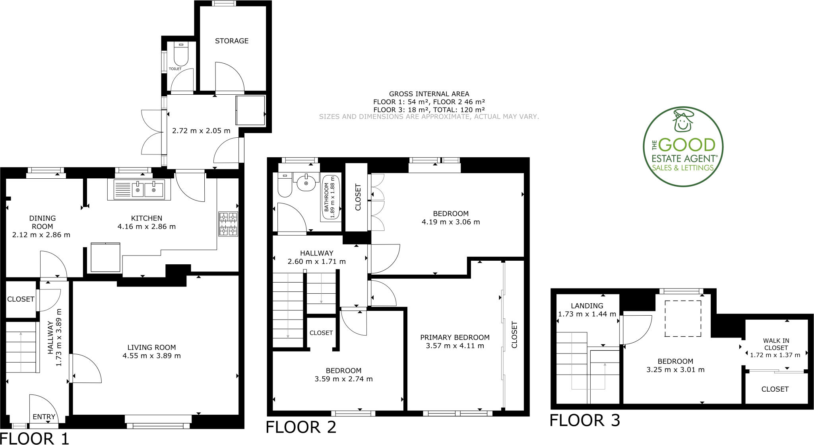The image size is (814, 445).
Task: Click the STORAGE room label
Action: (x=232, y=41)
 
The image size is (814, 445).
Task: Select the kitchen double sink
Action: (x=139, y=189)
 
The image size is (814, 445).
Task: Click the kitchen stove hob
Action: (x=228, y=224)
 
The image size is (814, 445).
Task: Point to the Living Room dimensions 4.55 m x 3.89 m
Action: (x=152, y=356)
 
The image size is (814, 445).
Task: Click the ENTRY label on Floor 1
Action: (x=44, y=417)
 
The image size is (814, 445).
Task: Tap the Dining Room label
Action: (x=42, y=222)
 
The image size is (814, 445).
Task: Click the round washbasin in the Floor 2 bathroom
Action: (x=306, y=183)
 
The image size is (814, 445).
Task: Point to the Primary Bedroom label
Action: (x=455, y=338)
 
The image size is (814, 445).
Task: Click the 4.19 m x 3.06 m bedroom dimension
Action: (x=451, y=222)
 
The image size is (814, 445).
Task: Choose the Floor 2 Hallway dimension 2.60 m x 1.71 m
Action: (x=316, y=262)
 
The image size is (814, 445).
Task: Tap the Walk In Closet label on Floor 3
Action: (x=776, y=344)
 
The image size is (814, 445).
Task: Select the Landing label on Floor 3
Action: (x=587, y=306)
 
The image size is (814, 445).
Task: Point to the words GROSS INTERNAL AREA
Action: (x=429, y=94)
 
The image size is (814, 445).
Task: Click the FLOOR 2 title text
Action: (x=301, y=427)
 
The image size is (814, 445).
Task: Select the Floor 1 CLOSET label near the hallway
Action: (x=21, y=299)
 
